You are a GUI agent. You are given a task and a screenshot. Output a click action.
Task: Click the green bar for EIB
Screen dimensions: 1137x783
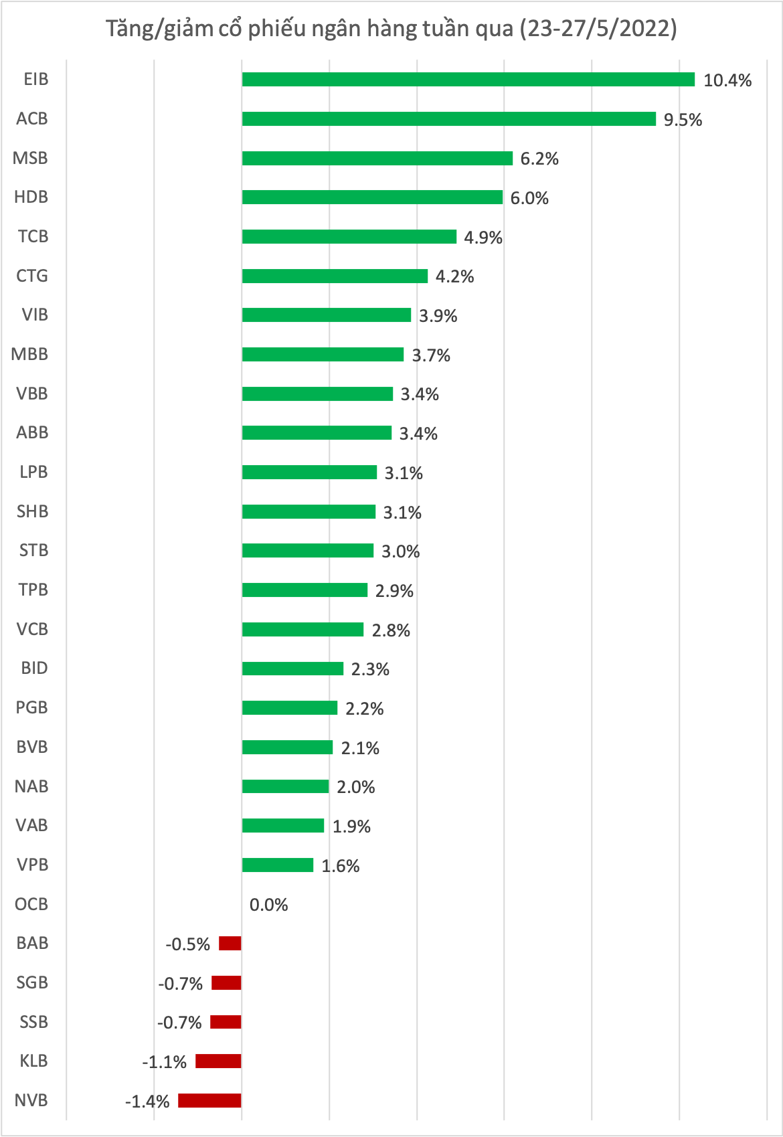point(468,80)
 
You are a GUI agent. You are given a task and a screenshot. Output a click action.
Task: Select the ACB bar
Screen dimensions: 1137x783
point(448,119)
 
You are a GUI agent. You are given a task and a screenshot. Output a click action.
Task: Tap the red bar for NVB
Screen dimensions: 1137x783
point(209,1101)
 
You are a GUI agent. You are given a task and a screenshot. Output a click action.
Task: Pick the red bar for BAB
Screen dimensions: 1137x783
point(230,944)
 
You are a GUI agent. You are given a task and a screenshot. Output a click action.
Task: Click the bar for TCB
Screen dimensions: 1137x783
point(349,237)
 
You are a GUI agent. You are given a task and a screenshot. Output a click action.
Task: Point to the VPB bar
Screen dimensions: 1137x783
point(278,865)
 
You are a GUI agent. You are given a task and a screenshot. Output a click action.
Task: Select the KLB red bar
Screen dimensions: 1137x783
point(218,1061)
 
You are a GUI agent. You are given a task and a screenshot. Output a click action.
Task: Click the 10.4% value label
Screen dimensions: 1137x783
point(727,81)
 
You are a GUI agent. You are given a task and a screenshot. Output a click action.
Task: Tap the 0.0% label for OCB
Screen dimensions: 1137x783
point(269,905)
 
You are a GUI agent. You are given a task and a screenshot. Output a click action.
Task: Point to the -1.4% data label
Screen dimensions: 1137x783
point(147,1102)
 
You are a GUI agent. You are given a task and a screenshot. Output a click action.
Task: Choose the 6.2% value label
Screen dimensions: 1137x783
point(539,159)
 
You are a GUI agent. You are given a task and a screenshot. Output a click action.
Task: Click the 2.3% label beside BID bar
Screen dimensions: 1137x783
point(370,669)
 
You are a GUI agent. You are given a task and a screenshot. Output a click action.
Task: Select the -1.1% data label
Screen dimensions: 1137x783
point(164,1062)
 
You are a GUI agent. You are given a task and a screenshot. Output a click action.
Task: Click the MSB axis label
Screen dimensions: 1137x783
point(31,159)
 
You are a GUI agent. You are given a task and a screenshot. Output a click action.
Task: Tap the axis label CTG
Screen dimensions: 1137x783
point(32,276)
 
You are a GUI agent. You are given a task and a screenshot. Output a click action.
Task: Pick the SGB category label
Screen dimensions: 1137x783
point(32,983)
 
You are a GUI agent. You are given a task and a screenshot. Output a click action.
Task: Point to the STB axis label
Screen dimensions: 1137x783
point(33,551)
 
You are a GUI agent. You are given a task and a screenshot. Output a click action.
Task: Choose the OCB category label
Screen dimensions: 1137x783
point(31,905)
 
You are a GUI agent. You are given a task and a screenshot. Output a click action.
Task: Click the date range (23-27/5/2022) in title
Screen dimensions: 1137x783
point(598,29)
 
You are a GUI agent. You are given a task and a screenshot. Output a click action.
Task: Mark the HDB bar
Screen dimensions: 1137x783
point(372,197)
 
